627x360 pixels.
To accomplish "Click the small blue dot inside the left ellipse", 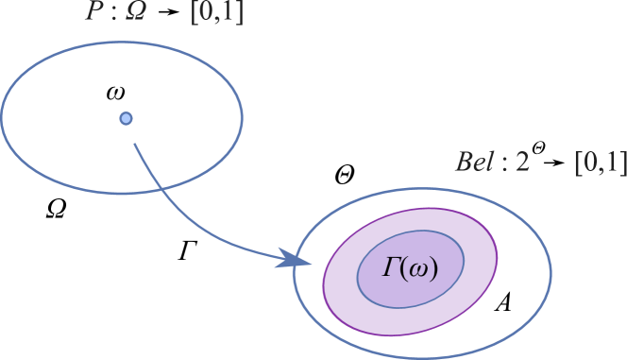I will tap(126, 118).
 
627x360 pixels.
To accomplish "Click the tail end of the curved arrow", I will tap(135, 145).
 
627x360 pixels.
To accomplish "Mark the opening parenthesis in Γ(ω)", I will tap(403, 269).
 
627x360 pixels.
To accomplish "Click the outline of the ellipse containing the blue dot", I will tap(242, 113).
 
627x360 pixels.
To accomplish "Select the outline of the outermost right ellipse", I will tap(551, 274).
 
